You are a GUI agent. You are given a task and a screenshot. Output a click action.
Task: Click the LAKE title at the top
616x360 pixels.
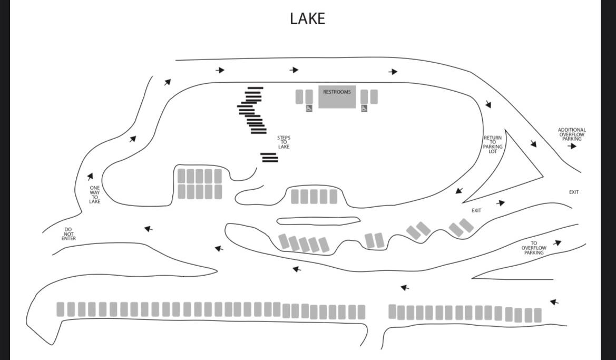[x=308, y=18]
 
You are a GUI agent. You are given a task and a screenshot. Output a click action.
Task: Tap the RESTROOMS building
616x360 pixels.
[x=337, y=96]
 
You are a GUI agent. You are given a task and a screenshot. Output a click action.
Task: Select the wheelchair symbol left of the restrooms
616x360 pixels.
[x=309, y=108]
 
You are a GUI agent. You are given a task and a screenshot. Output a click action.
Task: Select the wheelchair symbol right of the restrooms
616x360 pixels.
[x=364, y=108]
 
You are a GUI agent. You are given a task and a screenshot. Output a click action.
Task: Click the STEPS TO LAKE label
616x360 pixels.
[x=283, y=142]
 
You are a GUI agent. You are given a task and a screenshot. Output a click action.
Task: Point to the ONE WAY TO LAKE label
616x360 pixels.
[x=95, y=194]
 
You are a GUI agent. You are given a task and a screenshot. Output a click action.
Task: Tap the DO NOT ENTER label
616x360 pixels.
[x=69, y=234]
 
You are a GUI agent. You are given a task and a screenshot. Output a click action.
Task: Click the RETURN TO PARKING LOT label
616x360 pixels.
[x=493, y=144]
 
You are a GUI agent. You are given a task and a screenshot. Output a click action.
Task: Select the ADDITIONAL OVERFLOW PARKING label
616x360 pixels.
[x=572, y=134]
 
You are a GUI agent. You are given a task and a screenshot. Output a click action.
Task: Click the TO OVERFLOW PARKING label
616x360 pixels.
[x=534, y=248]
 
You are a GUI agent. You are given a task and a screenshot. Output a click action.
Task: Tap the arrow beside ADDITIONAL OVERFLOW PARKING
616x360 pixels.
[x=572, y=146]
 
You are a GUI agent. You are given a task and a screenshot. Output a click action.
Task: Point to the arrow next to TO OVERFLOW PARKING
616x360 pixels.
[x=558, y=243]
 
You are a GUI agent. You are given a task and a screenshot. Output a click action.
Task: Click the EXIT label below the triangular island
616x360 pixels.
[x=476, y=211]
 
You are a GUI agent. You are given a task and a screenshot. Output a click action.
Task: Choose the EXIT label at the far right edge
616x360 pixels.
[x=574, y=192]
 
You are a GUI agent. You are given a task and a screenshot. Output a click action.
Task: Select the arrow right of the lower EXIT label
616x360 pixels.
[x=501, y=203]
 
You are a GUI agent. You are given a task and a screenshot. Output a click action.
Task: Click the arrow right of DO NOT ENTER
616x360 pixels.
[x=148, y=228]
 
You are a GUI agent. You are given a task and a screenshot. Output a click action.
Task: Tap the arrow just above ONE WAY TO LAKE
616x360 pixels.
[x=90, y=177]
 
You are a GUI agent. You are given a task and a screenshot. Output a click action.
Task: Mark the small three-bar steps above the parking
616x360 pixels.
[x=269, y=157]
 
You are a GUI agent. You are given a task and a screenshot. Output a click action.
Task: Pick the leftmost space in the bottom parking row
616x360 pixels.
[x=60, y=309]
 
